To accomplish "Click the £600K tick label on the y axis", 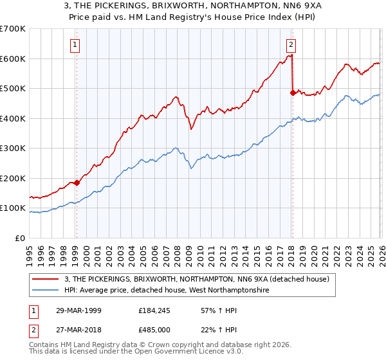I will (x=13, y=59).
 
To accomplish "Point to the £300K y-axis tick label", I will (x=13, y=148).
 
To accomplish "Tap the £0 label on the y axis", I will (x=19, y=239).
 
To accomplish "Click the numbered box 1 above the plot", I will (x=76, y=45).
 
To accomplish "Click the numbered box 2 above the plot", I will (x=291, y=45).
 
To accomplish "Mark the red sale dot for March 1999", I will (x=77, y=183).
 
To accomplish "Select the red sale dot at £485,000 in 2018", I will (x=293, y=93).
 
